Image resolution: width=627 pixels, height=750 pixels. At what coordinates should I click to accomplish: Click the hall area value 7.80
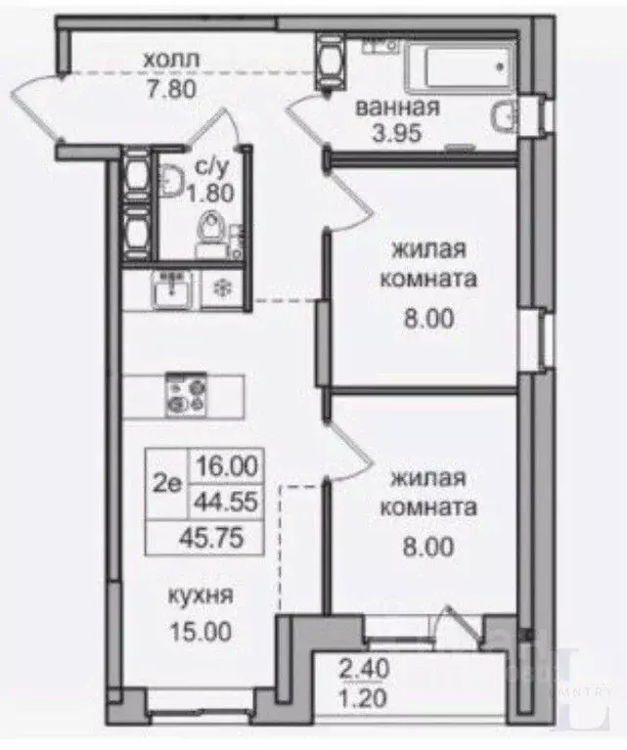(171, 89)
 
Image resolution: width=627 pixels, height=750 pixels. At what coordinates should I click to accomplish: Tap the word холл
(171, 60)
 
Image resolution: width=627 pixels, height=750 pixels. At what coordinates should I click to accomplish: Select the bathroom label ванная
(397, 107)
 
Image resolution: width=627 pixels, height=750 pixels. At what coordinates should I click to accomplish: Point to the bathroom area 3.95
(397, 132)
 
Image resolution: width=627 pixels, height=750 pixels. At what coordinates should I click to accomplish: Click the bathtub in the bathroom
(460, 66)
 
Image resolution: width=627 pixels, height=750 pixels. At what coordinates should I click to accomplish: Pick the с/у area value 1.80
(210, 194)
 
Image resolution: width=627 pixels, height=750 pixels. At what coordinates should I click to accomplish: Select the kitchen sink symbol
(171, 289)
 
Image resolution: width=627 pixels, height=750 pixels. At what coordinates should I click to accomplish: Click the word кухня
(201, 596)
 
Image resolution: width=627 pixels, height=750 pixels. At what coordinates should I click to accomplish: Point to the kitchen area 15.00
(201, 631)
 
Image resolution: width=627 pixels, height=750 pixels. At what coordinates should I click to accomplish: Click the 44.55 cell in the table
(226, 502)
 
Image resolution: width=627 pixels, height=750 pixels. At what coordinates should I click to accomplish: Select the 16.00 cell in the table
(227, 465)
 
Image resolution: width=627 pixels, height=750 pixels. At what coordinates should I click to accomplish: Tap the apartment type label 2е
(167, 484)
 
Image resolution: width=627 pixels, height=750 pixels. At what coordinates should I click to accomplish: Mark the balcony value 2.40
(364, 668)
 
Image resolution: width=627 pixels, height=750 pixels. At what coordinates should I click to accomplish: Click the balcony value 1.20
(362, 698)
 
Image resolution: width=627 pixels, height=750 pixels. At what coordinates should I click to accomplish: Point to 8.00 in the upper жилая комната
(428, 319)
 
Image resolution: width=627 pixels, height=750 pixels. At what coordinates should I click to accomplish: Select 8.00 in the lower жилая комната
(428, 547)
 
